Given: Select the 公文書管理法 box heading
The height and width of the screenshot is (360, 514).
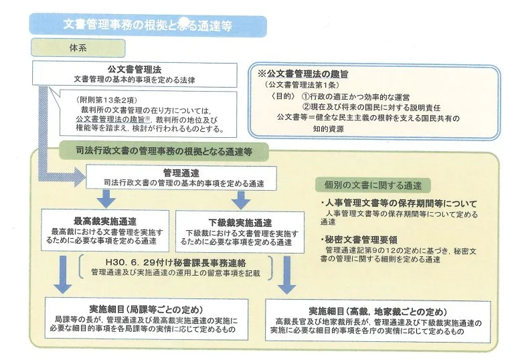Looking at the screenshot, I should coord(134,70).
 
